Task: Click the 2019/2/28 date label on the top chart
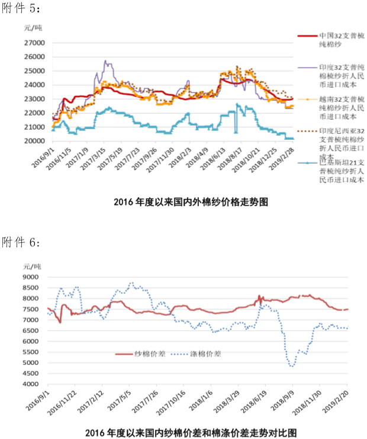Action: [283, 157]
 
